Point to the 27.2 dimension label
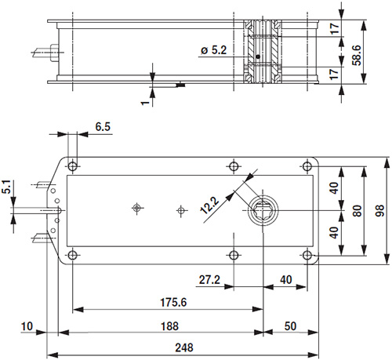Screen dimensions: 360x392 (x=209, y=279)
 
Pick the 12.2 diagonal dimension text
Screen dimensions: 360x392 (x=209, y=203)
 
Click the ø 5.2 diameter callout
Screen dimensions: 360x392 (x=214, y=50)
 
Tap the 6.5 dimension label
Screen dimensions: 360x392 (x=103, y=126)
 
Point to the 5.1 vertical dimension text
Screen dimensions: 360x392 (x=6, y=187)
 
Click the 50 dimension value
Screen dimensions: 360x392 (x=289, y=326)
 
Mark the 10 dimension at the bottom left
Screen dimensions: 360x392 (x=28, y=326)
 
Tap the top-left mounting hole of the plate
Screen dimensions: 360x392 (x=73, y=166)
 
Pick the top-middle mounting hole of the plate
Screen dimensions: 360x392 (x=233, y=166)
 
